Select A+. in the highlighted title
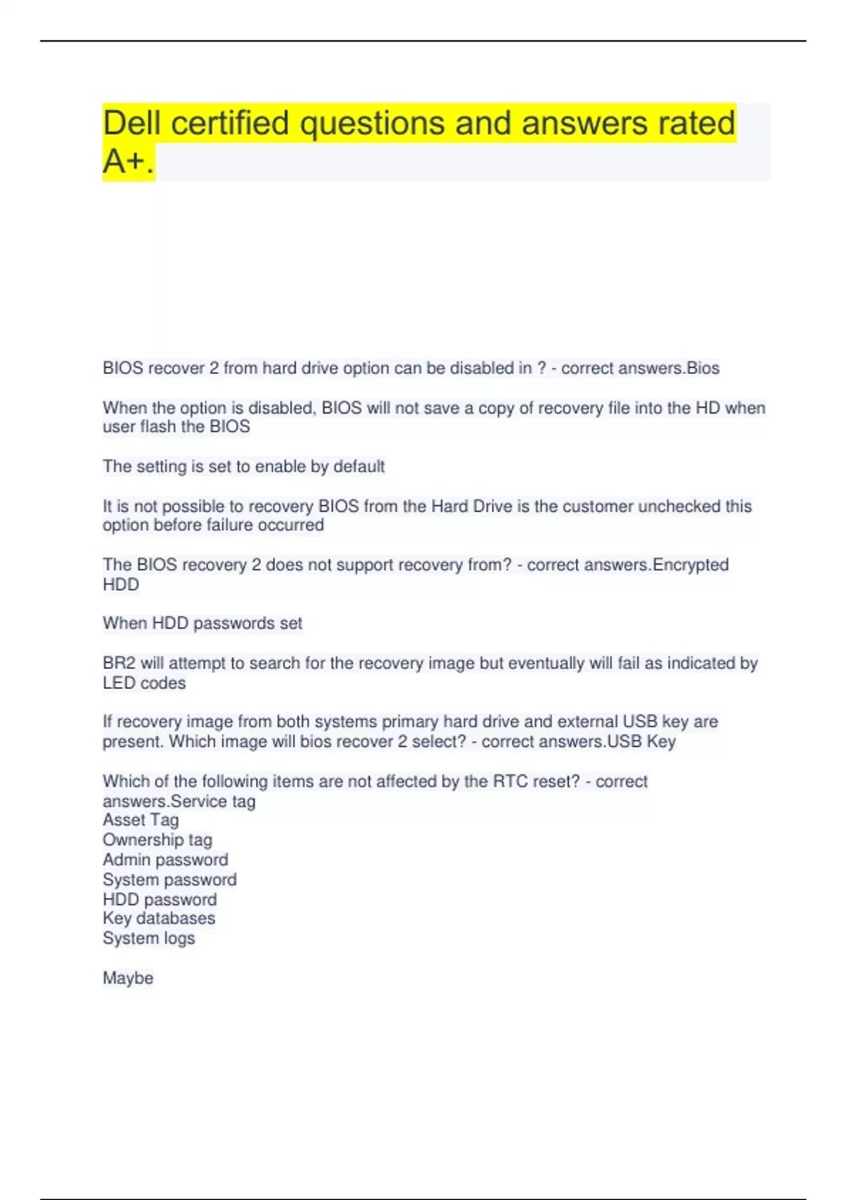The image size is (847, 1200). click(128, 162)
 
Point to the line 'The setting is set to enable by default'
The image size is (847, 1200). click(244, 467)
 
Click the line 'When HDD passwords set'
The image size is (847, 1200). click(202, 623)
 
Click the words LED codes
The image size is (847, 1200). click(144, 683)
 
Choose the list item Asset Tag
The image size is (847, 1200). click(140, 820)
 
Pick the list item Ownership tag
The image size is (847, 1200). click(157, 840)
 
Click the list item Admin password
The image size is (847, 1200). click(165, 860)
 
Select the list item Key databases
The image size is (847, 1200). click(159, 918)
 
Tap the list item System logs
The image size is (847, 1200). click(148, 938)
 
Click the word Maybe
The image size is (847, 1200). click(128, 978)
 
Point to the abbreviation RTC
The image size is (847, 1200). click(510, 781)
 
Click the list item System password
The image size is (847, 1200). click(169, 880)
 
